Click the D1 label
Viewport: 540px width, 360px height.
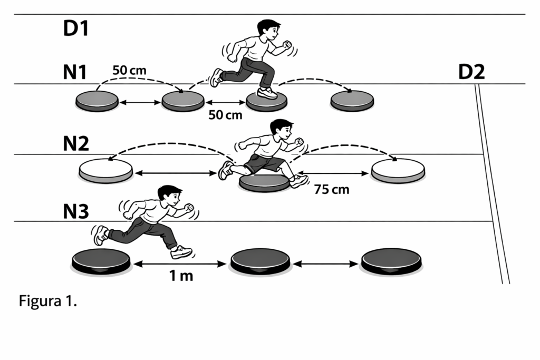[76, 28]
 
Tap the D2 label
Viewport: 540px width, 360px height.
[471, 72]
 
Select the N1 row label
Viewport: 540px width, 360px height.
[75, 72]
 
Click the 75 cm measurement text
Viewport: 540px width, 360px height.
[332, 189]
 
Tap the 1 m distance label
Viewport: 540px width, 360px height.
[181, 276]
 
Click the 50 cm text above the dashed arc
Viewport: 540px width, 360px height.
[130, 70]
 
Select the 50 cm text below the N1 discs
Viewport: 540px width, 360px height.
[225, 115]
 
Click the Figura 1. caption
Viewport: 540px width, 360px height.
[47, 301]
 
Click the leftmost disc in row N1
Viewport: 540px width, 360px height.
[97, 101]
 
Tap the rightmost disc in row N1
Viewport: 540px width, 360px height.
[352, 101]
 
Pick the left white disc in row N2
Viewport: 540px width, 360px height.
[105, 171]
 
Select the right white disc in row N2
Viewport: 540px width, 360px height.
[398, 171]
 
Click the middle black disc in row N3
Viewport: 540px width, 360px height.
[260, 261]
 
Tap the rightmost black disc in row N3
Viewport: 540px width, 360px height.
[391, 261]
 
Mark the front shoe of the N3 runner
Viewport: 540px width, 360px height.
[181, 252]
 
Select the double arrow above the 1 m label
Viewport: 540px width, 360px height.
[180, 264]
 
